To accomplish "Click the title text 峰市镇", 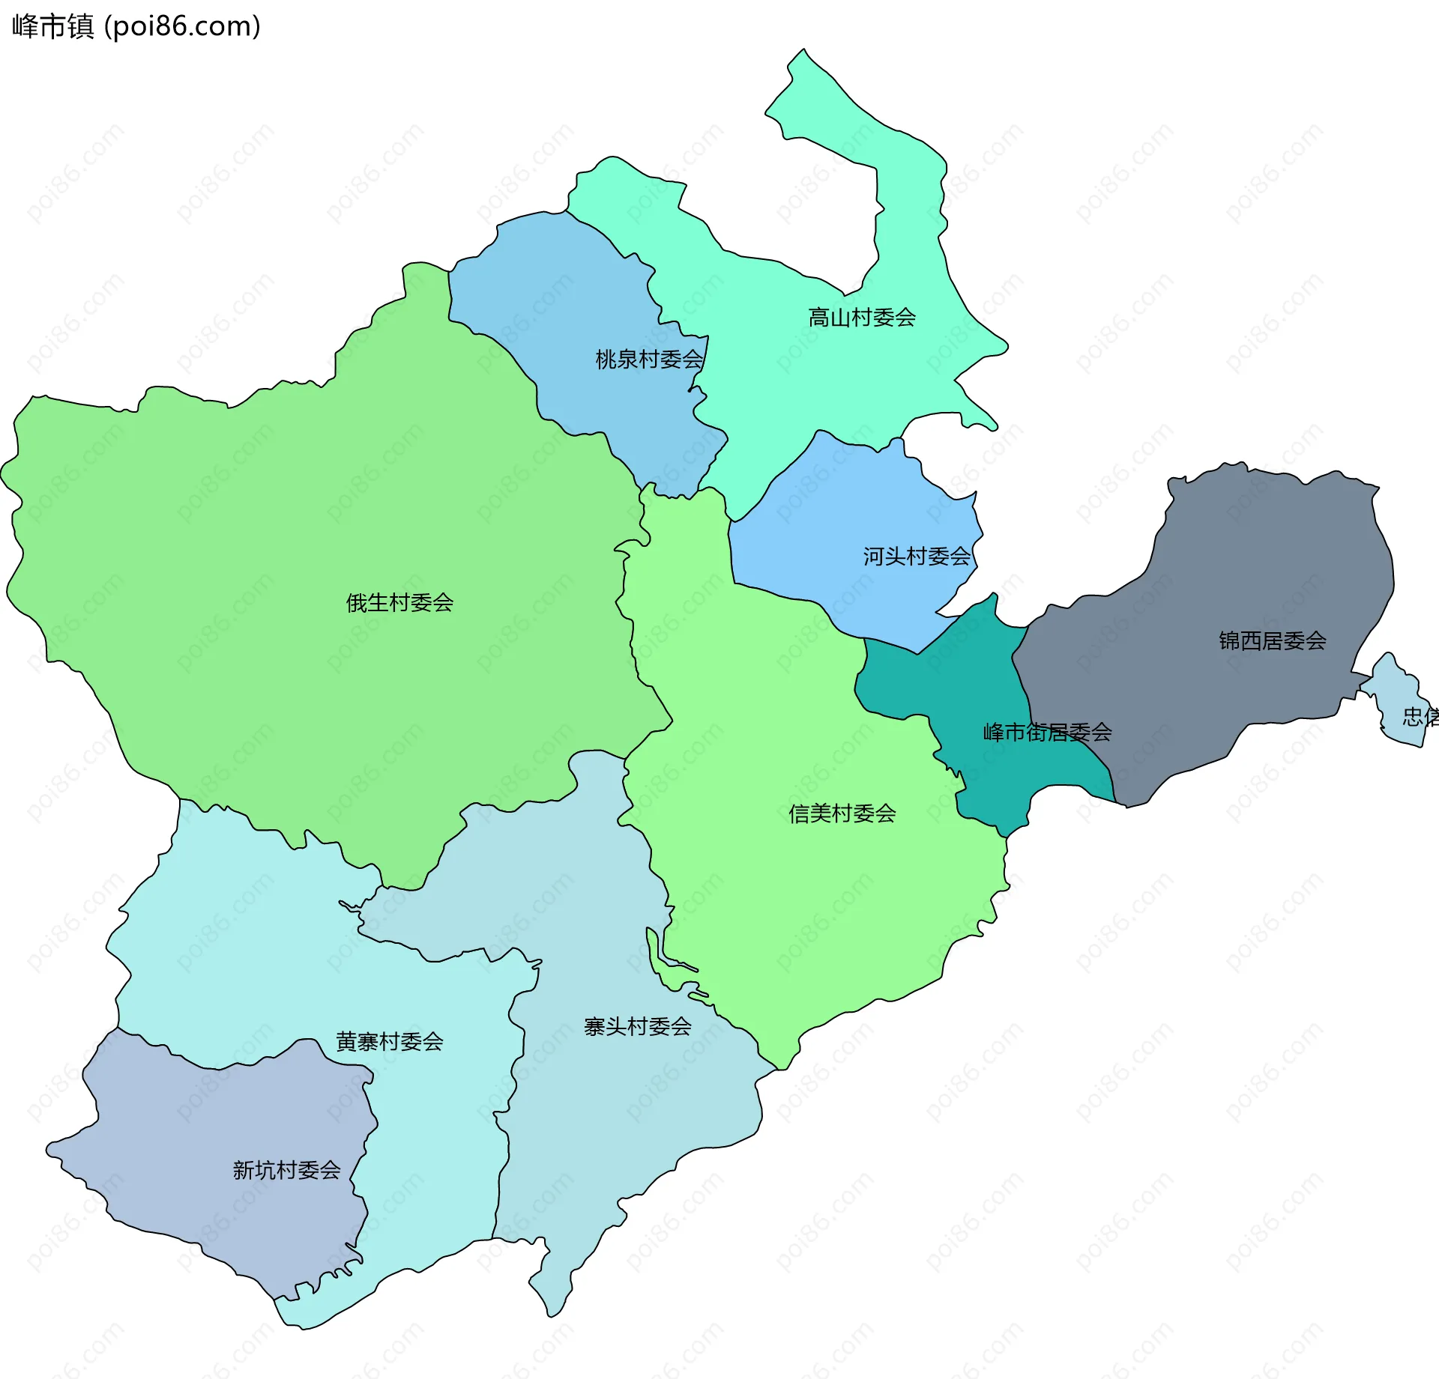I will [x=52, y=26].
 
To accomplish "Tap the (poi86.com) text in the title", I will [x=182, y=26].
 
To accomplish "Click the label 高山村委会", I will [x=862, y=318].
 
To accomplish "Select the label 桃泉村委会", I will [x=649, y=360].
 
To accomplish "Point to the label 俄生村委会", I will [x=399, y=602].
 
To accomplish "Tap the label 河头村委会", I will [x=916, y=556].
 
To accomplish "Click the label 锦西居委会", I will [x=1272, y=640].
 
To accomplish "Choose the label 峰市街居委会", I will [x=1047, y=732].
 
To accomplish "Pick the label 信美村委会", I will [x=842, y=813].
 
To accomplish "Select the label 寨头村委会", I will [x=637, y=1026].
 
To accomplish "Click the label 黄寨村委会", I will [x=389, y=1041].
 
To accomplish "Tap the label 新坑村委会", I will [x=286, y=1170].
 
